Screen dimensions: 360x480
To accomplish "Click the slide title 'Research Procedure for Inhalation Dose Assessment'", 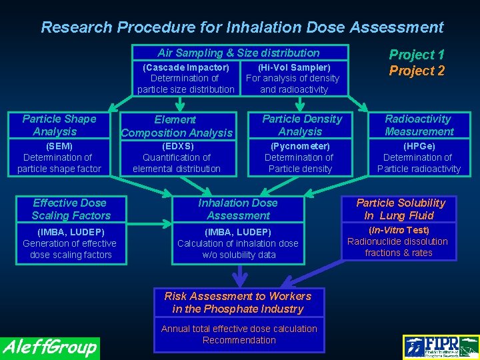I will coord(242,27).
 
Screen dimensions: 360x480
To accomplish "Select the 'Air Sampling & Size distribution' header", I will coord(239,53).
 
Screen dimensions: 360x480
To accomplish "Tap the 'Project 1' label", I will coord(417,55).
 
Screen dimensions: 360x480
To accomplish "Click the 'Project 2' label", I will coord(417,71).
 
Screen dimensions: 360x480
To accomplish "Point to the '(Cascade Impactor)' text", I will coord(186,67).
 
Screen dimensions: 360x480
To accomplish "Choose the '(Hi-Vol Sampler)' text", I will coord(294,67).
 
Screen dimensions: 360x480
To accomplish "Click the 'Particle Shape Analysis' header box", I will coord(60,125).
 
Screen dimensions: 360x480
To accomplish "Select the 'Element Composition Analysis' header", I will coord(176,126).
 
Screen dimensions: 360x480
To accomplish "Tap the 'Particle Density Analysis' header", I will coord(301,125).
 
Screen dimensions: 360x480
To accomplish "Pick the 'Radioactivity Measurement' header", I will coord(418,125).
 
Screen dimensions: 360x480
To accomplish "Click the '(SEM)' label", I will coord(59,146).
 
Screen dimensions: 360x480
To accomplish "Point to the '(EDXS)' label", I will coord(177,146).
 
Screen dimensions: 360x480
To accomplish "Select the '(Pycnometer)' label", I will coord(300,146).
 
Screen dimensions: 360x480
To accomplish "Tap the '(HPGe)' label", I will coord(419,146).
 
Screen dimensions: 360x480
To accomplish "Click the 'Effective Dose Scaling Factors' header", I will coord(70,209).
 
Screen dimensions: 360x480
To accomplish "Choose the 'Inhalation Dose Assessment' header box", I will coord(238,209).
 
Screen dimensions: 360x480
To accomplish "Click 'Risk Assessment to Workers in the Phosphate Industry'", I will coord(238,302).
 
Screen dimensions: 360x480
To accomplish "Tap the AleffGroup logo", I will coord(50,347).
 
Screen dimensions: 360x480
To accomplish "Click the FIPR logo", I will coord(441,347).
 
